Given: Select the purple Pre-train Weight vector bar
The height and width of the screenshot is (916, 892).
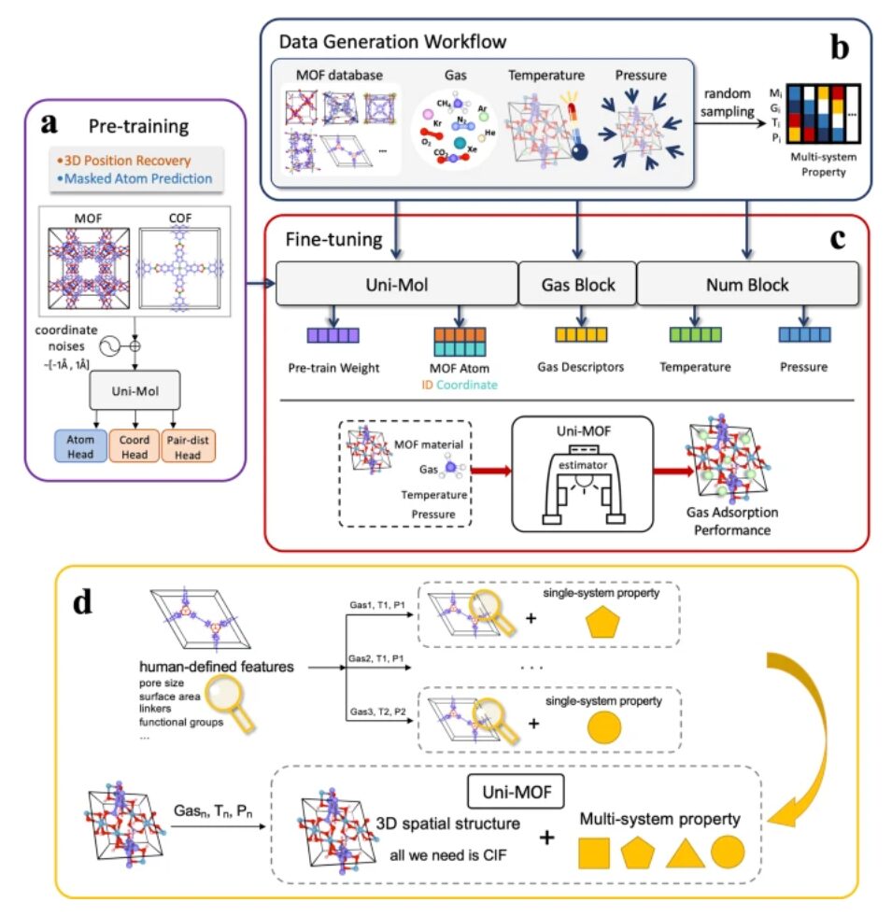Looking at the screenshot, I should (x=333, y=333).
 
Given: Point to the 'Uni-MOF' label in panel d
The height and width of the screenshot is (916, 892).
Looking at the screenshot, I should (x=513, y=793).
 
